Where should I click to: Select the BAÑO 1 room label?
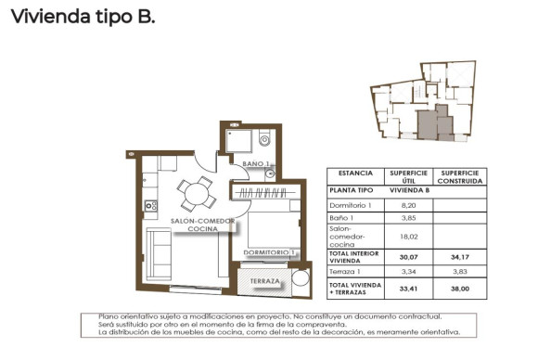(x=255, y=163)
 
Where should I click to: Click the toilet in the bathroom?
(x=263, y=142)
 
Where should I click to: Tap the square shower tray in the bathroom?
(x=239, y=140)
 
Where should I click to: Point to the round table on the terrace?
(x=301, y=279)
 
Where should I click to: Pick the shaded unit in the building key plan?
(x=429, y=120)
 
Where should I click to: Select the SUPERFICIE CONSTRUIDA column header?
(x=461, y=176)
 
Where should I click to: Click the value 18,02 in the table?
(x=407, y=236)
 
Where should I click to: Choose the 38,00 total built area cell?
(x=461, y=289)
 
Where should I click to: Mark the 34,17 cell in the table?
(x=461, y=257)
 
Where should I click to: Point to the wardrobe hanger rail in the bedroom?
(x=266, y=192)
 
